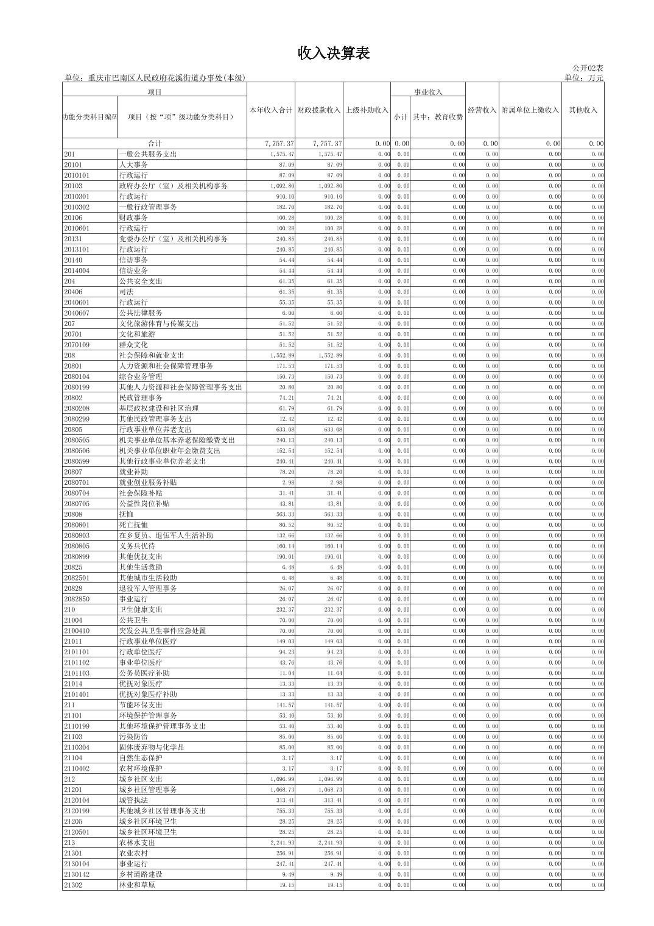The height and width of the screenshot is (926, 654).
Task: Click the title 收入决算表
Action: pyautogui.click(x=334, y=54)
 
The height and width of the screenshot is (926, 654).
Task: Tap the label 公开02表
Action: pyautogui.click(x=588, y=68)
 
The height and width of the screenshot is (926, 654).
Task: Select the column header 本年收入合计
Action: pyautogui.click(x=271, y=110)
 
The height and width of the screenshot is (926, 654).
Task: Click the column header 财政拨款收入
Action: pyautogui.click(x=319, y=110)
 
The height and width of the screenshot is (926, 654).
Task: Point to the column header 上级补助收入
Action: pyautogui.click(x=367, y=110)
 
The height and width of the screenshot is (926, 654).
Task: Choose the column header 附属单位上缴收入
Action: pyautogui.click(x=530, y=110)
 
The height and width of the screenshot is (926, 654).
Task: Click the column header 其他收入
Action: pyautogui.click(x=583, y=110)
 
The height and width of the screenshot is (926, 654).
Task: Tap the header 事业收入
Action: pyautogui.click(x=429, y=93)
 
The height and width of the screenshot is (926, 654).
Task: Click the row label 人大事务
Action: pyautogui.click(x=133, y=165)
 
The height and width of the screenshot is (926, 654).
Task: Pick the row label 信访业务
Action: pyautogui.click(x=133, y=270)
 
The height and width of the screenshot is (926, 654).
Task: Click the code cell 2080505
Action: pyautogui.click(x=77, y=440)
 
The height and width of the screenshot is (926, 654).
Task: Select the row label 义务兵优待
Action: pyautogui.click(x=137, y=546)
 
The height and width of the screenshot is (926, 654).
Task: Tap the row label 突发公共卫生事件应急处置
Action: pyautogui.click(x=163, y=631)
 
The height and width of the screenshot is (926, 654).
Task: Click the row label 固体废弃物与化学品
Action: pyautogui.click(x=152, y=748)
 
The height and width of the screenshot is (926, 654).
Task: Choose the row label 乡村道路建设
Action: pyautogui.click(x=141, y=875)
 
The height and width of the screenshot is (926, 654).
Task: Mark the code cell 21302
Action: pyautogui.click(x=73, y=885)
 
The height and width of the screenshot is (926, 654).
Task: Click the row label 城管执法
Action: pyautogui.click(x=133, y=801)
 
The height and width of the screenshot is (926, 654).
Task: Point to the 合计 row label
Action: pyautogui.click(x=155, y=144)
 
